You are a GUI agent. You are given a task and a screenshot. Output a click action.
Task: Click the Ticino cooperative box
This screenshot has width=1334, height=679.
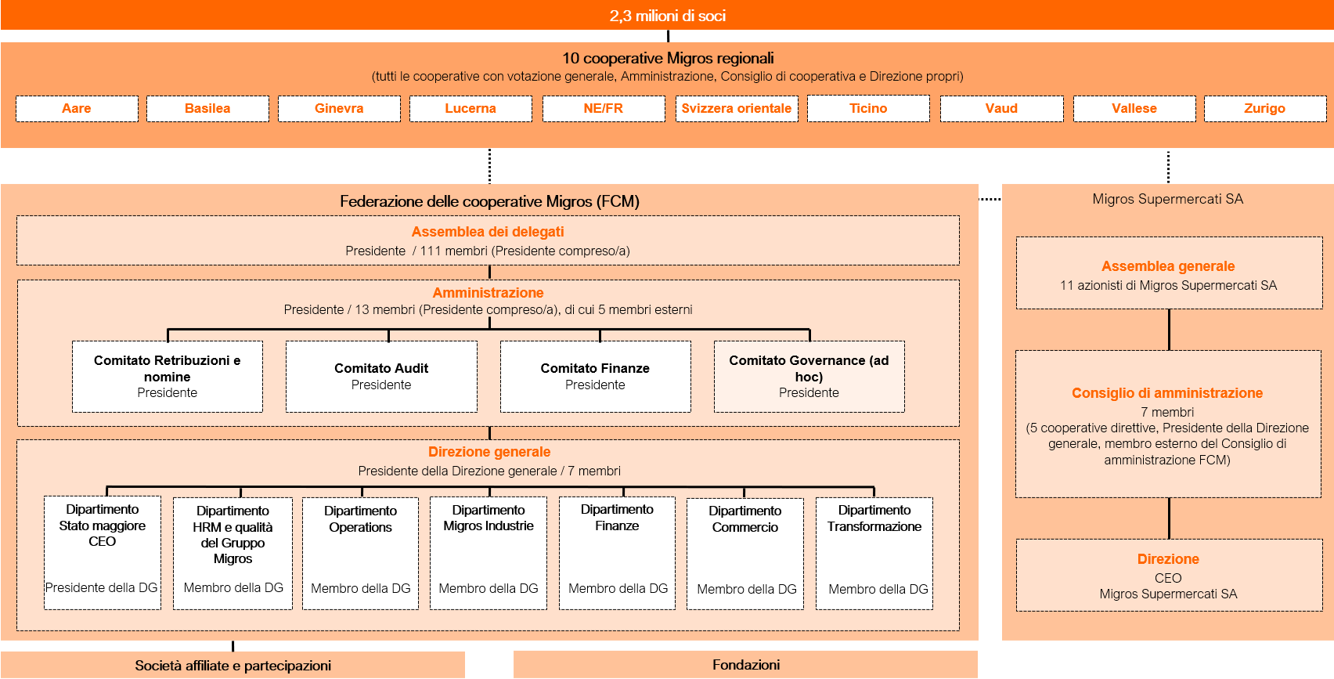point(868,108)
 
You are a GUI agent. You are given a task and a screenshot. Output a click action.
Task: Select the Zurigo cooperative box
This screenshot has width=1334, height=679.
point(1264,108)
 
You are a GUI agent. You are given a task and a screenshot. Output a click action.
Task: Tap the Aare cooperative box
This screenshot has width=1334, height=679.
point(77,108)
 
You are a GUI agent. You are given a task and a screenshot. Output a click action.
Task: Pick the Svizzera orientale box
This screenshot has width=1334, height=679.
point(736,108)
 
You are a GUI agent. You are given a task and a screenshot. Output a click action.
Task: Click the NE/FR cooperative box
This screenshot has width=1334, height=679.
point(603,108)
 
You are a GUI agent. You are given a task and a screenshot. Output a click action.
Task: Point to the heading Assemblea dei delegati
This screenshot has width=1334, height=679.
point(488,232)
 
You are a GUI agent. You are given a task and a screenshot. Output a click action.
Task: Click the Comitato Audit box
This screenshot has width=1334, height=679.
point(381,376)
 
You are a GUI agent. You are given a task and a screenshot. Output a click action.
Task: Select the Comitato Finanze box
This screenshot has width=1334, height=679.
point(595,376)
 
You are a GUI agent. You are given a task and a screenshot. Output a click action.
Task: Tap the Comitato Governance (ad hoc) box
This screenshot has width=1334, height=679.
point(809,376)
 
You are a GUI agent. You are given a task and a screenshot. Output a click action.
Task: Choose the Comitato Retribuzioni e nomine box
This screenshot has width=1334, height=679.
point(167,376)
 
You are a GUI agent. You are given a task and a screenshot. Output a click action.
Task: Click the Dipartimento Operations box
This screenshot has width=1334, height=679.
point(360,553)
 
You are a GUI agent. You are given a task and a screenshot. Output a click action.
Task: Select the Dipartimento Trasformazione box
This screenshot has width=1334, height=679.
point(874,553)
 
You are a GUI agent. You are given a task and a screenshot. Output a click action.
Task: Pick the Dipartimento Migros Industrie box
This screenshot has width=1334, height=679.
point(488,553)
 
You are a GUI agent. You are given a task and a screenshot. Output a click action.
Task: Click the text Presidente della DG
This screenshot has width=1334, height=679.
point(102,587)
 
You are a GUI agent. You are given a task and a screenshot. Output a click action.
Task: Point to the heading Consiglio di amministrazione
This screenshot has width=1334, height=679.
point(1167,393)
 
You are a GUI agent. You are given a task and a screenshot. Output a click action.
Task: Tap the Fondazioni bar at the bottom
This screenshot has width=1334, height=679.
point(745,665)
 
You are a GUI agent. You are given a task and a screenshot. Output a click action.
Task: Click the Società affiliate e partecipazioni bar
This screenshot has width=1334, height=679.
point(233,666)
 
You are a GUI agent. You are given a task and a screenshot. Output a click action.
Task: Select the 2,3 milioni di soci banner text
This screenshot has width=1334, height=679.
point(667,16)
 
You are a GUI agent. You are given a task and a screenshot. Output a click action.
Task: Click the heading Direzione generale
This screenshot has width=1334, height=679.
point(489,452)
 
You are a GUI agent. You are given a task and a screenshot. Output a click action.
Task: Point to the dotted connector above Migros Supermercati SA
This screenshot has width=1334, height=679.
point(1168,166)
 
